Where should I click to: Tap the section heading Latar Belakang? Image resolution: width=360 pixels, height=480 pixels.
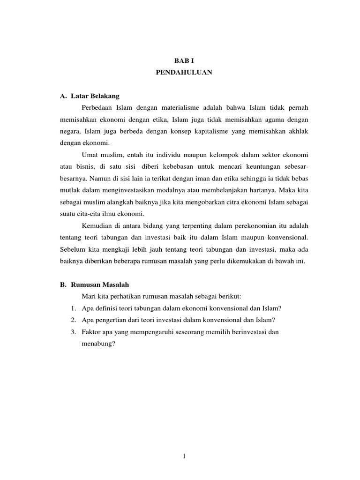pos(96,96)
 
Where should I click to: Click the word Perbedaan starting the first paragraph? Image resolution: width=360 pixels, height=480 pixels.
pos(96,108)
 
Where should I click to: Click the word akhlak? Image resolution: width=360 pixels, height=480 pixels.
pos(297,132)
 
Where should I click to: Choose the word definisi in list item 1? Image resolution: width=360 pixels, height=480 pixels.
pos(110,308)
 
